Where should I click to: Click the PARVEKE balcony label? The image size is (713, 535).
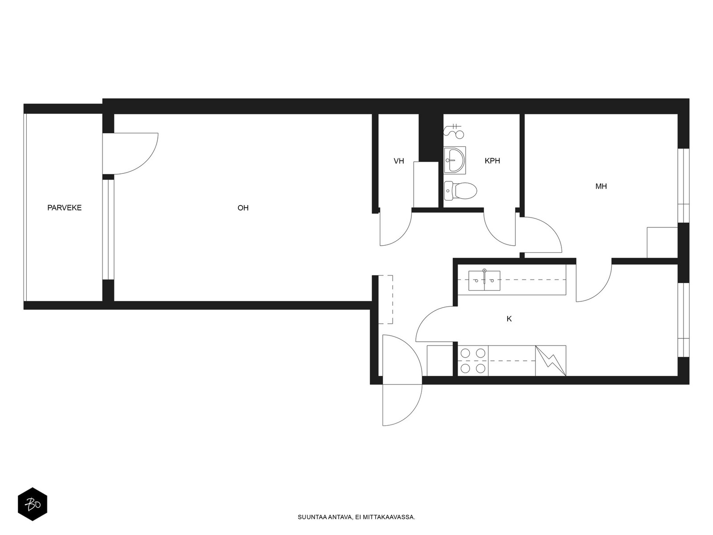(64, 208)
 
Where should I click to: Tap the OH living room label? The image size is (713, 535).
(243, 208)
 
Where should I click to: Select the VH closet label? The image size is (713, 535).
(399, 161)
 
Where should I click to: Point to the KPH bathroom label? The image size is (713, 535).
(492, 161)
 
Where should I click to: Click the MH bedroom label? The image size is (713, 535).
(601, 186)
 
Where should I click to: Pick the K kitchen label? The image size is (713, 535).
(509, 319)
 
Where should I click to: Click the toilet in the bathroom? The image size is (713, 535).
(460, 191)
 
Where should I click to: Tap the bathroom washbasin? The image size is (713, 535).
(455, 160)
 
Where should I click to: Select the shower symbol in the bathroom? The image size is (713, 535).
(454, 130)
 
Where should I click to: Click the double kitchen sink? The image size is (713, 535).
(484, 280)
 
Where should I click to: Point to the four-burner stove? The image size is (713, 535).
(473, 361)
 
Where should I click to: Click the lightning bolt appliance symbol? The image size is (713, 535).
(551, 361)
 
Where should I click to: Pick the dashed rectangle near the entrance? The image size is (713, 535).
(385, 300)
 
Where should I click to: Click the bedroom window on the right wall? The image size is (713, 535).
(684, 185)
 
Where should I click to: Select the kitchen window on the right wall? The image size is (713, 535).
(684, 320)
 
